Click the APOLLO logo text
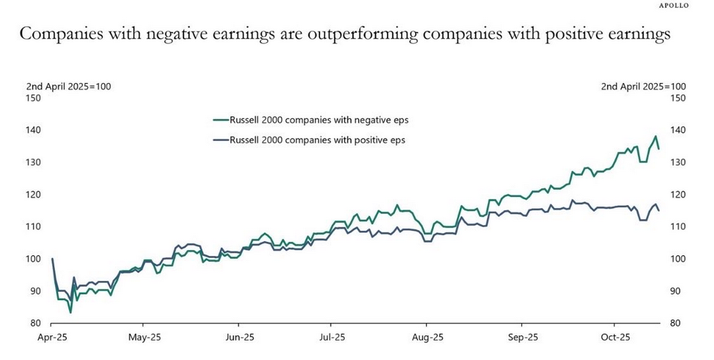(673, 6)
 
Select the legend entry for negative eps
(310, 120)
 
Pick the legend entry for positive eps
(310, 140)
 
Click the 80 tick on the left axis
(34, 323)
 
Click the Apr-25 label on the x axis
(52, 337)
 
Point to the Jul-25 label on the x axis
(331, 337)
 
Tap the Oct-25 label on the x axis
(614, 337)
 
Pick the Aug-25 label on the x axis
(426, 337)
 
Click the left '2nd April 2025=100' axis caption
(69, 86)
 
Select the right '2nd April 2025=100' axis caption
(644, 86)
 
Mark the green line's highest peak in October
(655, 136)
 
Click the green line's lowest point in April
(70, 312)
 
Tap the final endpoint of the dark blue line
(658, 210)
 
